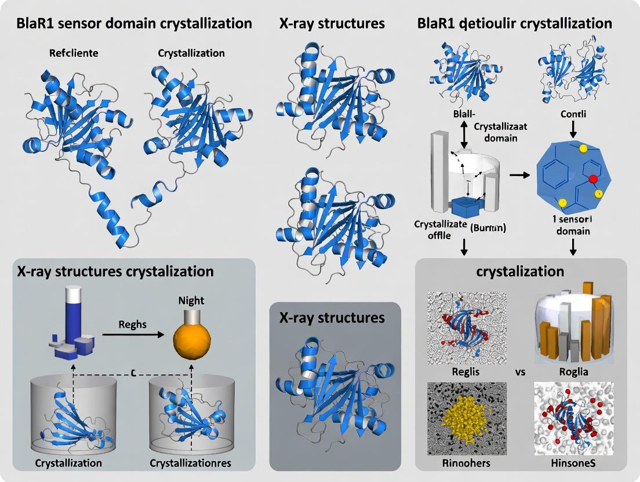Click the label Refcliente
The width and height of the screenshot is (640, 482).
click(x=74, y=53)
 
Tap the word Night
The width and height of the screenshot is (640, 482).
click(x=191, y=301)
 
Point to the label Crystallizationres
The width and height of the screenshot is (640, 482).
click(x=191, y=463)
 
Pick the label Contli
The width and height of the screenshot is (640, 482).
click(x=573, y=114)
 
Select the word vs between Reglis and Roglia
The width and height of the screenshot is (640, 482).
click(x=520, y=372)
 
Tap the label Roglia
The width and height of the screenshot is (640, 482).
click(x=572, y=372)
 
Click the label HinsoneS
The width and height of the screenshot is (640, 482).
click(x=572, y=463)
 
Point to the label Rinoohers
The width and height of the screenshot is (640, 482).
click(x=467, y=463)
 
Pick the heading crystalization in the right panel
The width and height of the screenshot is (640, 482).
click(x=521, y=271)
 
